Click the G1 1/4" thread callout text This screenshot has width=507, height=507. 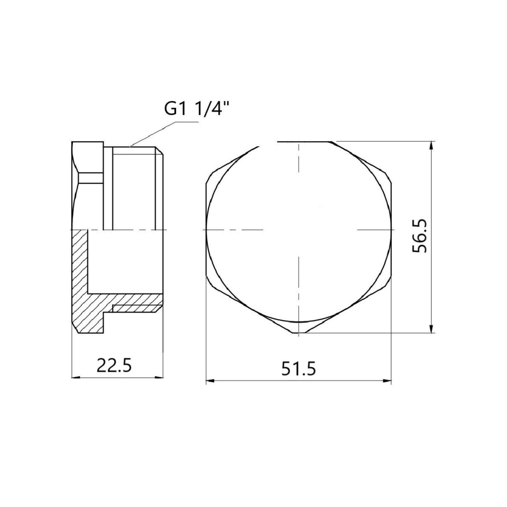[x=196, y=109]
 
